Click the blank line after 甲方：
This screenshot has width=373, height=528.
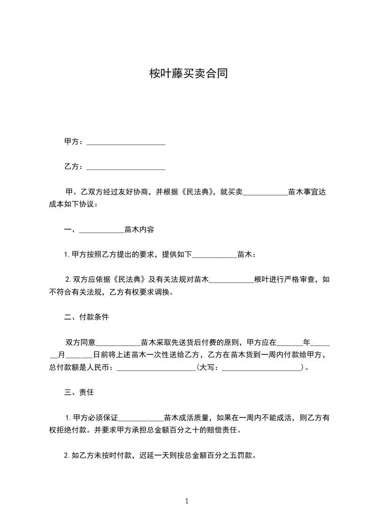(x=126, y=142)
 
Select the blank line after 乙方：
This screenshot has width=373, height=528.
(x=126, y=167)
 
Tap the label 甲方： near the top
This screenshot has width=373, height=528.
(x=74, y=142)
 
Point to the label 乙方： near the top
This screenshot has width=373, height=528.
(x=74, y=167)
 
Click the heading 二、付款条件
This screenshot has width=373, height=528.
(x=87, y=317)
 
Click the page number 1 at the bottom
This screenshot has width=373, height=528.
(x=187, y=501)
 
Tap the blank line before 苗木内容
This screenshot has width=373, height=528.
(x=102, y=230)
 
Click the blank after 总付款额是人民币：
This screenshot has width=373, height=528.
(x=156, y=367)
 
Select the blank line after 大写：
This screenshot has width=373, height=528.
(x=262, y=367)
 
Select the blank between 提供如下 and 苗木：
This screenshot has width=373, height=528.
(x=215, y=255)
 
